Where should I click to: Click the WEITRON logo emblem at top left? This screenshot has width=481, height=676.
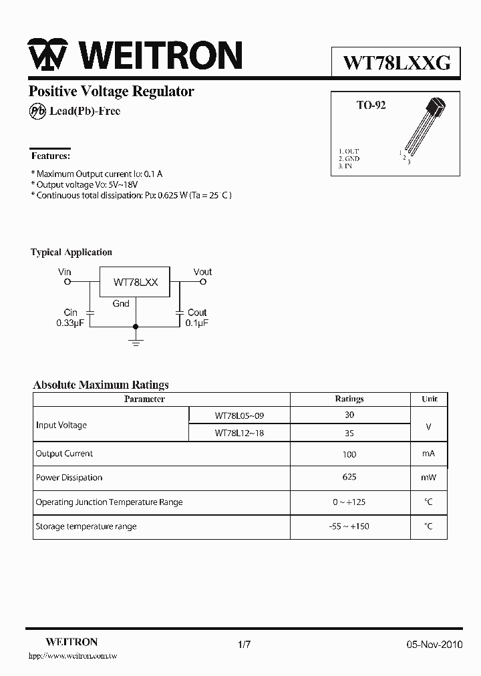(x=47, y=55)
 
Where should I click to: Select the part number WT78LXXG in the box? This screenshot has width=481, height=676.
(x=396, y=63)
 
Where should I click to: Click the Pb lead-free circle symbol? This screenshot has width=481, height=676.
(x=37, y=112)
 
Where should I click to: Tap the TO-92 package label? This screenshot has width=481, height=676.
(x=371, y=106)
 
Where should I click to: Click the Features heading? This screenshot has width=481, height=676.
(x=50, y=156)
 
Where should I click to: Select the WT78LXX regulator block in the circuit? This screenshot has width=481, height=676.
(x=135, y=283)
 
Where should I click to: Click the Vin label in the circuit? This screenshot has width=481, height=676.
(x=65, y=272)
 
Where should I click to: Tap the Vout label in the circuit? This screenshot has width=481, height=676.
(x=202, y=272)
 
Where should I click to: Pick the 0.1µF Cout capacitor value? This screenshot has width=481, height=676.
(x=197, y=323)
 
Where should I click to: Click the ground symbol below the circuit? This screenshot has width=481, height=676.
(x=136, y=342)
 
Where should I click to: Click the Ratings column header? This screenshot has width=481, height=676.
(x=349, y=399)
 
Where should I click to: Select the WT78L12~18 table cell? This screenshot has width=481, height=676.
(x=239, y=433)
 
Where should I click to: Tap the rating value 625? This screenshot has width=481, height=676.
(x=349, y=477)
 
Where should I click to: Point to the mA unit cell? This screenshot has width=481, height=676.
(x=428, y=454)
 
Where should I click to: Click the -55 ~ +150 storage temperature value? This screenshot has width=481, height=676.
(x=349, y=526)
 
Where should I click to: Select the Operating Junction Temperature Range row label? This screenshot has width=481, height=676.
(x=109, y=502)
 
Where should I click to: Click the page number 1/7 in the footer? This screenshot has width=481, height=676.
(x=244, y=645)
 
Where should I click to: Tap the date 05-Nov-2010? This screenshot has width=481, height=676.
(x=434, y=645)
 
